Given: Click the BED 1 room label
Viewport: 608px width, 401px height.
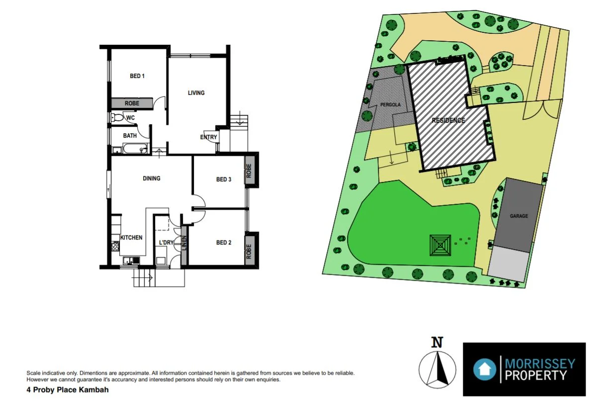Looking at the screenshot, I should point(137,76).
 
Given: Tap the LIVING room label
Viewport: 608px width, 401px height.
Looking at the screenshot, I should point(196,93).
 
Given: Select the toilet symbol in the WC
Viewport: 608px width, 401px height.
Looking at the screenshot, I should point(116,118).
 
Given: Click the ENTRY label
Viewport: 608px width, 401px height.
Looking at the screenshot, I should point(208,137).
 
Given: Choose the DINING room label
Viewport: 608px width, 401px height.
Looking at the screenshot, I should point(152,178).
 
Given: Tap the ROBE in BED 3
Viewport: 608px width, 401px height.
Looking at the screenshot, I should point(249,171).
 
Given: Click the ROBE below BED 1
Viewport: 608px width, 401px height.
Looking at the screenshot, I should point(132,103).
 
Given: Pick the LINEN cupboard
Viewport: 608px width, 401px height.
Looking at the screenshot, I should point(184,245).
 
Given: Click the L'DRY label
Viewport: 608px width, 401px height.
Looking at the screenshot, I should point(166,242).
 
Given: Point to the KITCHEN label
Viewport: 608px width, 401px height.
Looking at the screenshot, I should point(131,238).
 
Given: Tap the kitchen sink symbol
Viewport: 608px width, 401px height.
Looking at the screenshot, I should point(130,259).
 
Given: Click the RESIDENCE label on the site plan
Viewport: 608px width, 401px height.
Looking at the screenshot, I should point(448,120).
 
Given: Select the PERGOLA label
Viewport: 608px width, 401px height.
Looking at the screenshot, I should point(390,105).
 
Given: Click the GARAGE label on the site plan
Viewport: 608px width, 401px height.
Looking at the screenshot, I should point(519,216).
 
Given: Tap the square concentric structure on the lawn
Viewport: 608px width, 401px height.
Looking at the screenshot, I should point(440,245).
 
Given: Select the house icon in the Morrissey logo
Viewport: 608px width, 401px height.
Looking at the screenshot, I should point(484,369).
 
